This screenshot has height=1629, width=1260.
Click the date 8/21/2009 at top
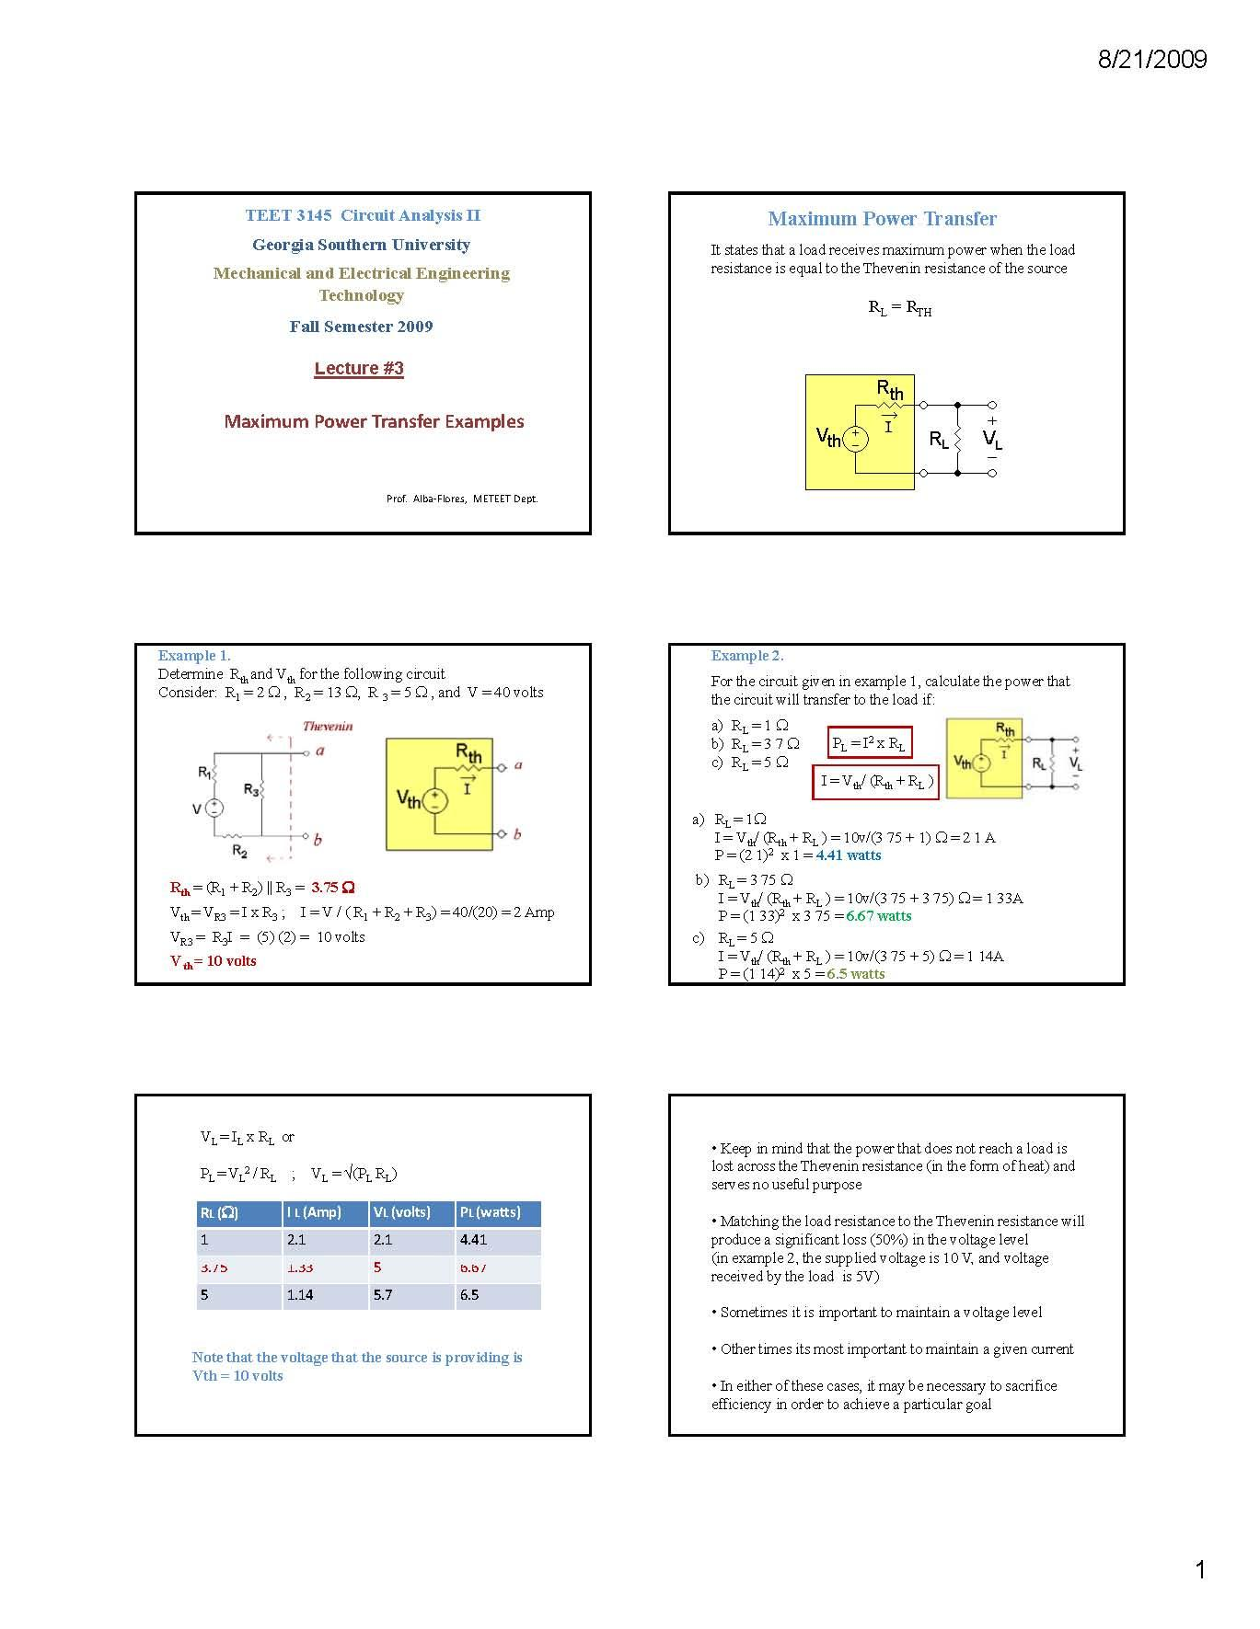[1151, 60]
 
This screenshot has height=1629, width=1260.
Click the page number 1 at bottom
[1199, 1569]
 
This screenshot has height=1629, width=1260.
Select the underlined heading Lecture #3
[359, 368]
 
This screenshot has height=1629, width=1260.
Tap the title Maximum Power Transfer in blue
[882, 219]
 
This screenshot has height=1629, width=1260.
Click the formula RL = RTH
[899, 309]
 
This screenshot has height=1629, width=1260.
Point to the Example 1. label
[194, 656]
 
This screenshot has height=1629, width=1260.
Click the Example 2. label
[746, 656]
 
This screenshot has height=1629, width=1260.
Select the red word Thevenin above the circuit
[328, 726]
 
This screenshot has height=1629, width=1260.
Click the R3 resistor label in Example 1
[251, 789]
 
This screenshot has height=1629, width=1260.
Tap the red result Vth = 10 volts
[214, 961]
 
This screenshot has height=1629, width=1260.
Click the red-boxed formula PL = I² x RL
[870, 744]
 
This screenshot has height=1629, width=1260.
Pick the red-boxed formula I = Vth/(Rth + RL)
[875, 782]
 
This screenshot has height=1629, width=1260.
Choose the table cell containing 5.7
[382, 1294]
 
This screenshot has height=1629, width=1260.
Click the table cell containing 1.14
[299, 1294]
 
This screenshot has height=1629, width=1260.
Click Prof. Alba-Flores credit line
[462, 499]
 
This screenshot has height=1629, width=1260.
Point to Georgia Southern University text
[361, 245]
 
